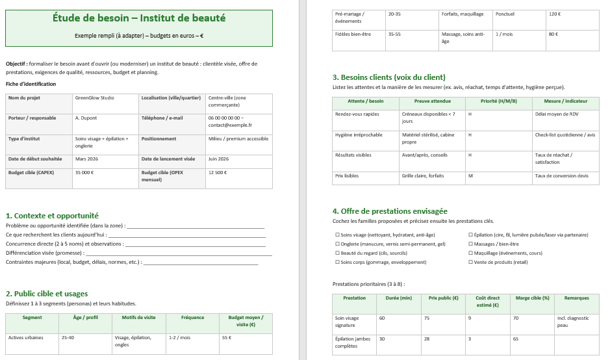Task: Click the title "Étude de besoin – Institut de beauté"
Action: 139,18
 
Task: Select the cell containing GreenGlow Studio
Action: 94,98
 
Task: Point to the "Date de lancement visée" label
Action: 168,159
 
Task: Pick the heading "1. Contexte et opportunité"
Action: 52,216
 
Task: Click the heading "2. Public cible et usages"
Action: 47,294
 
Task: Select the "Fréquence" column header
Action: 192,318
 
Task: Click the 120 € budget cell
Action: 554,14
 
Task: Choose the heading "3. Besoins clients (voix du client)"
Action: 388,77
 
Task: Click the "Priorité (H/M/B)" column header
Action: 498,101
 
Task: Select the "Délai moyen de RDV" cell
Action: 556,114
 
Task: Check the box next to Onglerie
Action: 337,244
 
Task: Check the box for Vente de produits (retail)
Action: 470,262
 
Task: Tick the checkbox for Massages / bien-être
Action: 470,244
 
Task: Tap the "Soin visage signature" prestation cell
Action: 346,321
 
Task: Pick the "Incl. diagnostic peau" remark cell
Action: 572,321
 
